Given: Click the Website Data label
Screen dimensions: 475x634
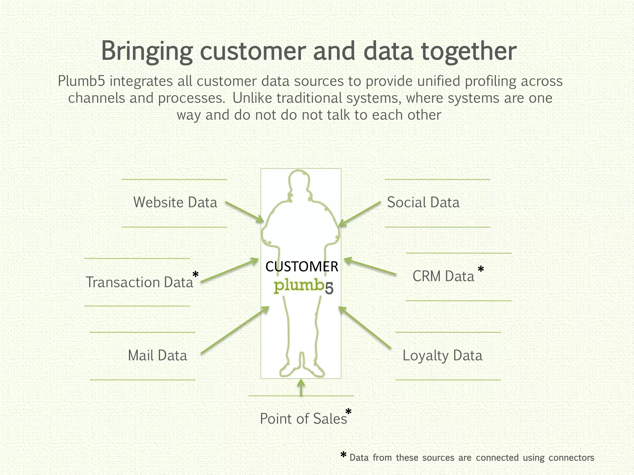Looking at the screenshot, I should click(x=175, y=203).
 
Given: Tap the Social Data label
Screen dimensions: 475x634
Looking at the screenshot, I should click(x=423, y=203).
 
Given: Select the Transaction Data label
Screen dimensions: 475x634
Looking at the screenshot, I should click(x=139, y=282).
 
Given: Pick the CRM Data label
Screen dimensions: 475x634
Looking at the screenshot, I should click(x=443, y=276).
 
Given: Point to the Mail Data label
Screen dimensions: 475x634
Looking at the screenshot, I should click(x=157, y=356).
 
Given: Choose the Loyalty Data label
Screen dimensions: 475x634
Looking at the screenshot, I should click(x=442, y=356).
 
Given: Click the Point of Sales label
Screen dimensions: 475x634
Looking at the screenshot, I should click(x=303, y=419).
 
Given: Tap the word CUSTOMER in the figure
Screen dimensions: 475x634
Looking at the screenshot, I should click(x=302, y=267).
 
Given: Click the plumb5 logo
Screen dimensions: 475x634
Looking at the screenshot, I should click(x=303, y=287).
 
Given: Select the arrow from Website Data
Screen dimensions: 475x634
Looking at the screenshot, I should click(x=245, y=212).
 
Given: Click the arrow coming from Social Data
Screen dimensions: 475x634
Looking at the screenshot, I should click(x=360, y=213).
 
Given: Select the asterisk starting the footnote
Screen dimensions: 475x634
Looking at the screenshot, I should click(x=343, y=455).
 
